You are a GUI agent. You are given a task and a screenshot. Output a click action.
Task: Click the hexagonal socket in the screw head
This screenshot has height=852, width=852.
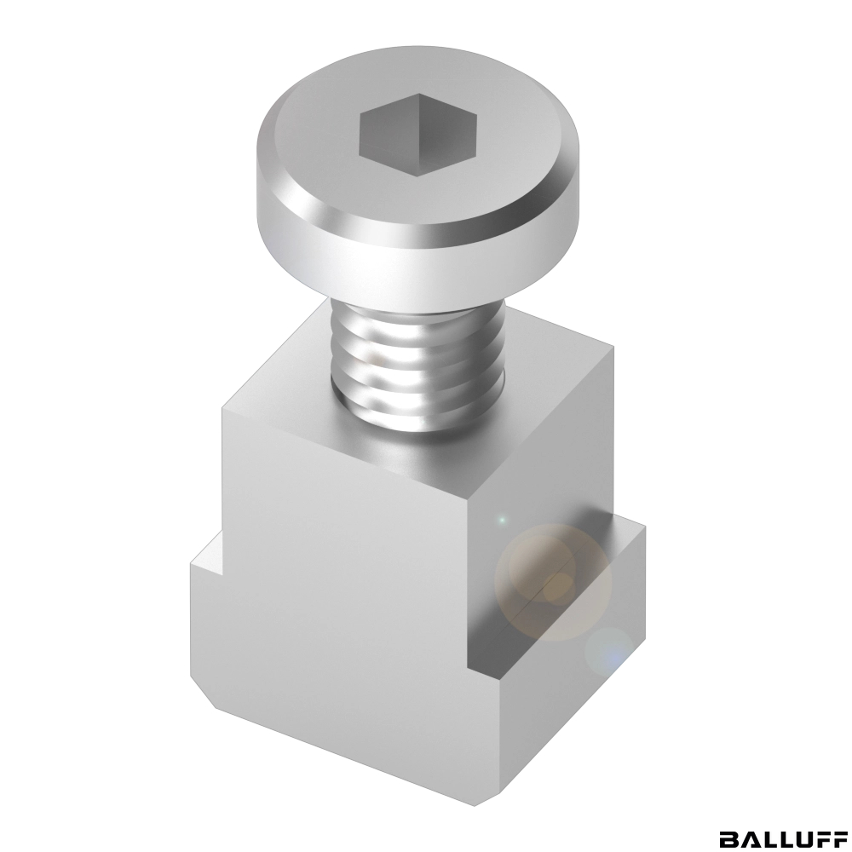[417, 135]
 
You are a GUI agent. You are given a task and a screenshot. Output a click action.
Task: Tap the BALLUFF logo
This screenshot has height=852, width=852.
[783, 838]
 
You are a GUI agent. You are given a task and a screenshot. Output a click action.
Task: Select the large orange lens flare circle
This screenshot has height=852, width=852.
[553, 583]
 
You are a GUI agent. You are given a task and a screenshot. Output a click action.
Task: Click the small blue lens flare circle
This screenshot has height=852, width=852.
[610, 652]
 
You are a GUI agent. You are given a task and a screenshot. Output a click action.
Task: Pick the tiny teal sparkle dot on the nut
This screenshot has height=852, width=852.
[502, 520]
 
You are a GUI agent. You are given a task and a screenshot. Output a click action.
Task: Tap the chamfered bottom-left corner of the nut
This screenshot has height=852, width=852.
[204, 694]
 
